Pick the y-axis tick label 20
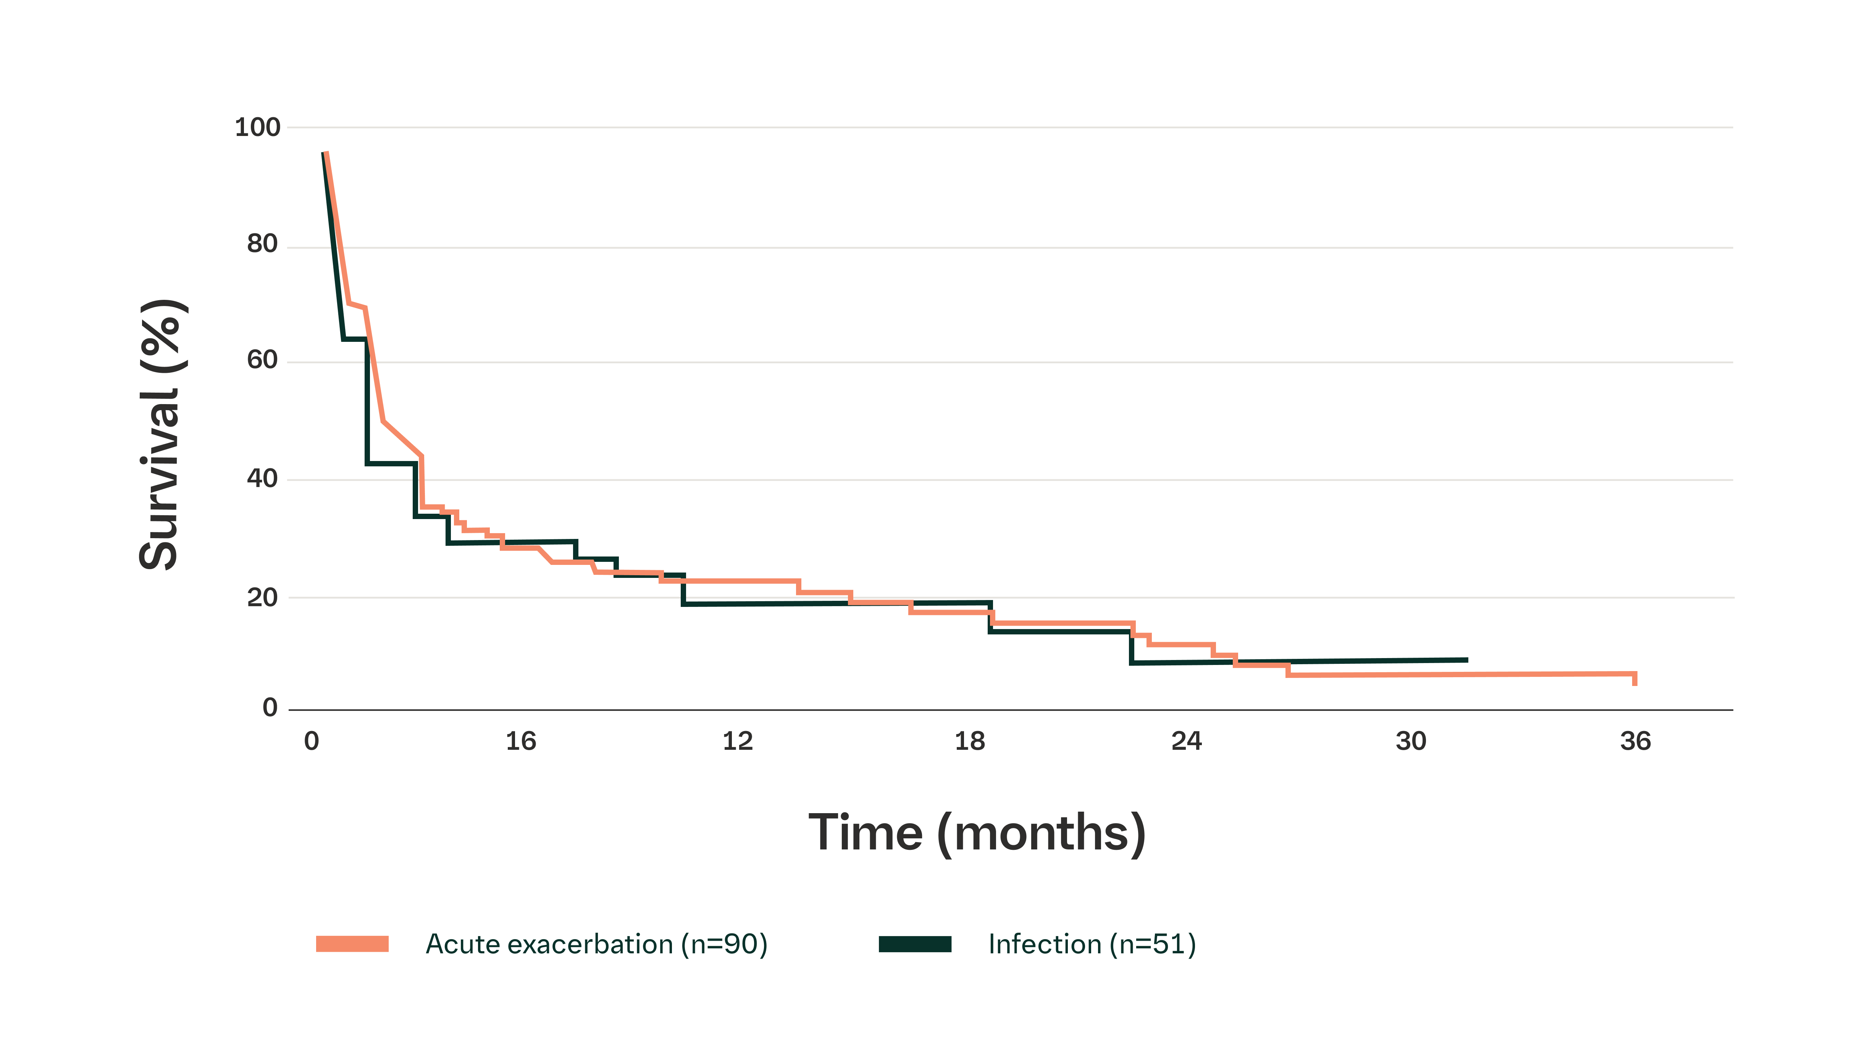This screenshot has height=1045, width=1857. click(x=262, y=597)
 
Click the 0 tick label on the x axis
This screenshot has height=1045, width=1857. click(x=312, y=741)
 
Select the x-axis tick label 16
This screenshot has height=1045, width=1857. click(x=520, y=741)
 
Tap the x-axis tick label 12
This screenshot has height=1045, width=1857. click(x=738, y=741)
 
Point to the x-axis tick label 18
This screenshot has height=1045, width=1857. click(x=970, y=741)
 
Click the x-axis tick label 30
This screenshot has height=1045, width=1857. click(x=1411, y=741)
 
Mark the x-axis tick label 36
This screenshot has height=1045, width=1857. click(x=1635, y=741)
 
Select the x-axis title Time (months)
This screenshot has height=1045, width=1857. click(x=977, y=833)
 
